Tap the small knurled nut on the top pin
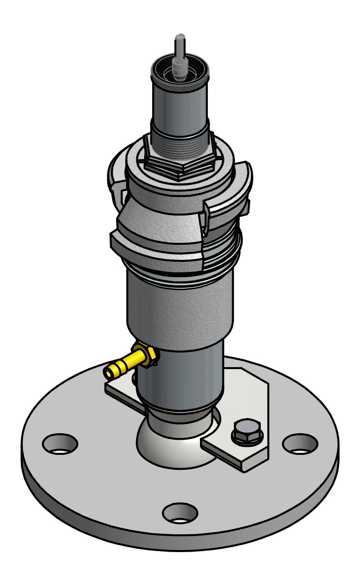[x=179, y=67]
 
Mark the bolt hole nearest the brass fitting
[x=60, y=443]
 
